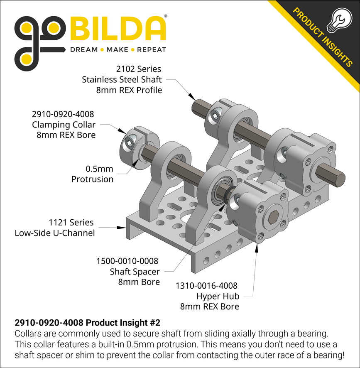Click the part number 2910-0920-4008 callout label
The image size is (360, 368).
63,114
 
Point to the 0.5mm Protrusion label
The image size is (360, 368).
92,174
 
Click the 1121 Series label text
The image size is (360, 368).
71,223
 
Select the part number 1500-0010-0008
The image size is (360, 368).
127,261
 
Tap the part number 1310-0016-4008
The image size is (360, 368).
206,286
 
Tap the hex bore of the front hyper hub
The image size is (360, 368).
272,217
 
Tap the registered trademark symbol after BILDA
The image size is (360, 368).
166,17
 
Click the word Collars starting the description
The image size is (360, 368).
28,334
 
